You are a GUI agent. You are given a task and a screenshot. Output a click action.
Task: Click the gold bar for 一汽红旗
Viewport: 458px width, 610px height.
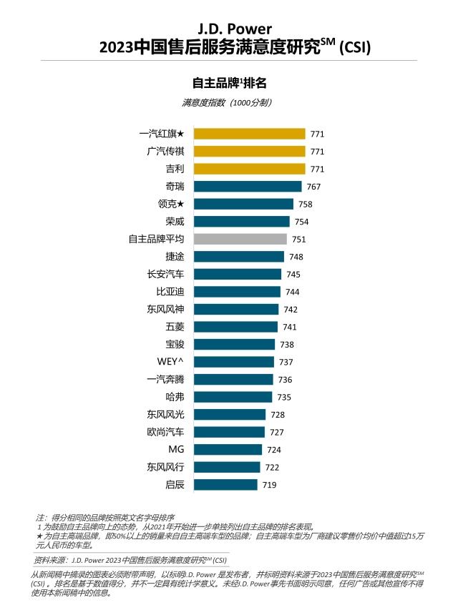pyautogui.click(x=250, y=134)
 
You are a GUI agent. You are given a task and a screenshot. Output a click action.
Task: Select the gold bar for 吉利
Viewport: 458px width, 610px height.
pyautogui.click(x=250, y=169)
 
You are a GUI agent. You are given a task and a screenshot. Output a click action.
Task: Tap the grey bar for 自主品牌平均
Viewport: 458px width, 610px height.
pyautogui.click(x=240, y=239)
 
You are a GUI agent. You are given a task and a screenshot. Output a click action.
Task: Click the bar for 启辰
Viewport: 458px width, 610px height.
pyautogui.click(x=225, y=485)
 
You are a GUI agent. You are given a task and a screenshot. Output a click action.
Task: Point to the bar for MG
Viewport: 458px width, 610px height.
pyautogui.click(x=228, y=450)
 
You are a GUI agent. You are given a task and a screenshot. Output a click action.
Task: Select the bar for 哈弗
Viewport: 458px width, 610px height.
pyautogui.click(x=233, y=397)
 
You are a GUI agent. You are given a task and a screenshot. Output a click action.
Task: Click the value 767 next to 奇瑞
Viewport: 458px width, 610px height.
pyautogui.click(x=313, y=187)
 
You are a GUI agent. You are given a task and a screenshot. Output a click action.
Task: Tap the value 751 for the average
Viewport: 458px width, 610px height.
pyautogui.click(x=299, y=240)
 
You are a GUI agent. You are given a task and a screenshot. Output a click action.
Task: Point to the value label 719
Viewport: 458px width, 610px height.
pyautogui.click(x=269, y=485)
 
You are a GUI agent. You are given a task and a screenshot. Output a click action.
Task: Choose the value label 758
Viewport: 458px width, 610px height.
pyautogui.click(x=306, y=204)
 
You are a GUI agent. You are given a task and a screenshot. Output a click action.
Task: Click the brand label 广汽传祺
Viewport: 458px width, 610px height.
pyautogui.click(x=165, y=152)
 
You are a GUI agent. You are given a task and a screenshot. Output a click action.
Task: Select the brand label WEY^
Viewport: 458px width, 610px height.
pyautogui.click(x=170, y=362)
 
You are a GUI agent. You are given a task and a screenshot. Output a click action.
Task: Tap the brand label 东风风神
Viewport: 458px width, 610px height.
pyautogui.click(x=165, y=309)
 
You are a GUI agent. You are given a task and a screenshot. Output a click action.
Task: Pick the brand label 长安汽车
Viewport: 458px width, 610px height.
pyautogui.click(x=165, y=274)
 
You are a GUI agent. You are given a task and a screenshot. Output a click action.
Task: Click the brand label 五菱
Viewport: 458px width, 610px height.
pyautogui.click(x=174, y=327)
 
